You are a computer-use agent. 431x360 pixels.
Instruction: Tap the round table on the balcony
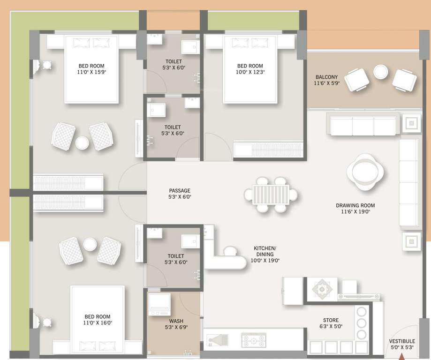(x=380, y=72)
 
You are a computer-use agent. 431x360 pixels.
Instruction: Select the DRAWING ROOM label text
(x=355, y=205)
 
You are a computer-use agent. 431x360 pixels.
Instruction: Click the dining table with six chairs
(x=271, y=194)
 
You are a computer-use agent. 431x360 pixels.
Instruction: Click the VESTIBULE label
(x=401, y=341)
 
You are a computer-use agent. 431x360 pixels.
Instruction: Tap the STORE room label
(x=331, y=321)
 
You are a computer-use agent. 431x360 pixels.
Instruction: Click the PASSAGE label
(x=180, y=191)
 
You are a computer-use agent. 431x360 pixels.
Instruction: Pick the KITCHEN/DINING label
(x=265, y=248)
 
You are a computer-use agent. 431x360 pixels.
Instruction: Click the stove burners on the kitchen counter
(x=253, y=340)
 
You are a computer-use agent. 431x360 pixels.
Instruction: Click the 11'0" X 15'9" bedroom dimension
(x=91, y=73)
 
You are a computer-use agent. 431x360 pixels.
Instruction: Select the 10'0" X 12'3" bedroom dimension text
(x=250, y=73)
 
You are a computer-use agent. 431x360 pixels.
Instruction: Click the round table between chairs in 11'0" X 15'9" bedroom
(x=82, y=142)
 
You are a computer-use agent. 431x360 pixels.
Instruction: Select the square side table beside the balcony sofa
(x=411, y=123)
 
